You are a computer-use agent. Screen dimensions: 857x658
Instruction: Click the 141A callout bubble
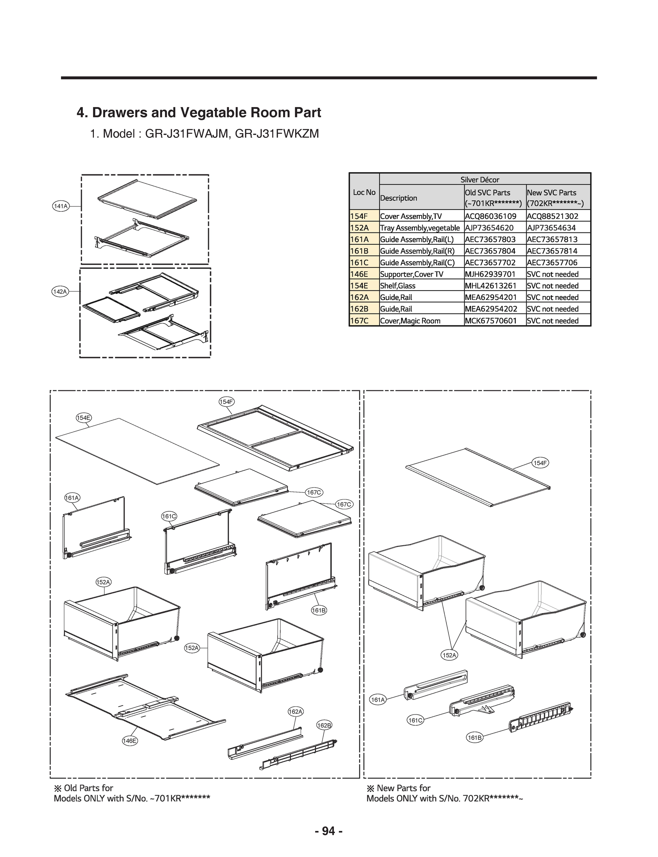(x=60, y=206)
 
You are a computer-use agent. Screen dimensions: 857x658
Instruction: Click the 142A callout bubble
(x=60, y=291)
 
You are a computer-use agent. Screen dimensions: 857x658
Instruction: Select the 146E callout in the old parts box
(x=130, y=740)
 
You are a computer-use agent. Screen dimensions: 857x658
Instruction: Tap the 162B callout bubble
(x=324, y=725)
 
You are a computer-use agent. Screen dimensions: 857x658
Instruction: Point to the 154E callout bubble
(x=84, y=417)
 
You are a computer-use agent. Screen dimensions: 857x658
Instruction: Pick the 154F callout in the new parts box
(x=540, y=463)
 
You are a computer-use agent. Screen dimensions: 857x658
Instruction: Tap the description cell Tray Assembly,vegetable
(x=420, y=228)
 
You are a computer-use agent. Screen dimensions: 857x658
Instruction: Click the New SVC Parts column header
(x=552, y=193)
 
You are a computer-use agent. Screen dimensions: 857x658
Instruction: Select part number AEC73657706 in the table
(x=552, y=263)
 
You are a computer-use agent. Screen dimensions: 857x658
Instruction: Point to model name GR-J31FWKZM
(x=276, y=134)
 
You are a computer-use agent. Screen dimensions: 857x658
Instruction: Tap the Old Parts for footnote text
(x=84, y=788)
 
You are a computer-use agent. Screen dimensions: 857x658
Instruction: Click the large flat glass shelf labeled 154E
(x=137, y=450)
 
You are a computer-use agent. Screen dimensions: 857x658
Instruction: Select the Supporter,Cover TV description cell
(x=411, y=274)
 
